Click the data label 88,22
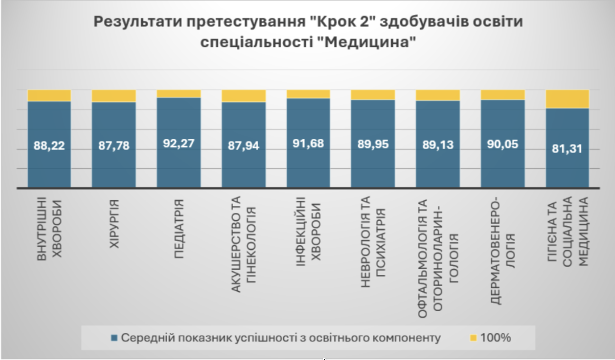pyautogui.click(x=49, y=145)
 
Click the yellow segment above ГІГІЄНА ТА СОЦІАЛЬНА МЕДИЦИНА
pyautogui.click(x=567, y=99)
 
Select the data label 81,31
pyautogui.click(x=567, y=149)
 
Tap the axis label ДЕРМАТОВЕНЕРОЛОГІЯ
pyautogui.click(x=503, y=251)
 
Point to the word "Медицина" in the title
pyautogui.click(x=365, y=42)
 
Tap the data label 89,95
pyautogui.click(x=373, y=144)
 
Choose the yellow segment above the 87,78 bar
pyautogui.click(x=114, y=96)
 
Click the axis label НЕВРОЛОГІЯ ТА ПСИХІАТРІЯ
pyautogui.click(x=373, y=242)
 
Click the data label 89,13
pyautogui.click(x=438, y=144)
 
